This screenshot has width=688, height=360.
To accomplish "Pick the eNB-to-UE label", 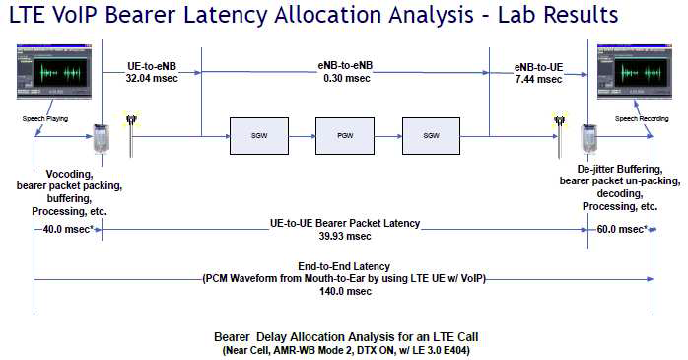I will (538, 67).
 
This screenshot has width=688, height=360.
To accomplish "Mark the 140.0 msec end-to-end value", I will (344, 291).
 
